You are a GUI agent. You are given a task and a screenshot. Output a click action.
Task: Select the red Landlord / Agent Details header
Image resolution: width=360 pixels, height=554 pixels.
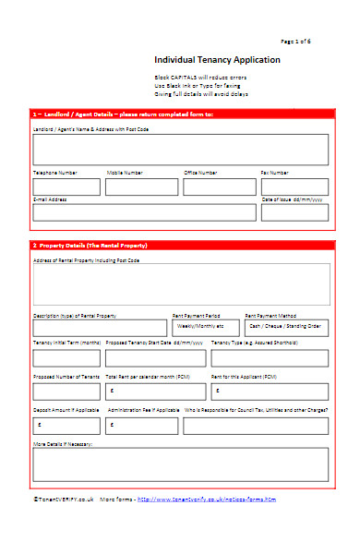coord(180,114)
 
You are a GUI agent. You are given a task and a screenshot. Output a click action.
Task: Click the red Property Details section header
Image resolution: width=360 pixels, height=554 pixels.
coord(180,245)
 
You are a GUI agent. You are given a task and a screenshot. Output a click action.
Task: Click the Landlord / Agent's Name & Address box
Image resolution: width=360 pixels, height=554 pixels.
coord(180,149)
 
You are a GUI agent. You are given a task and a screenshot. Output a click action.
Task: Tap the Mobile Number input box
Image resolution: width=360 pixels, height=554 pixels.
coord(141,187)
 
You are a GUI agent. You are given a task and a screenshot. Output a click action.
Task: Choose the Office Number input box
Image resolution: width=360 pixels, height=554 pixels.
coord(219,187)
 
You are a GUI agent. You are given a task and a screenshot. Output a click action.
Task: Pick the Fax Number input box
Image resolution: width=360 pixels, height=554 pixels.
coord(294,187)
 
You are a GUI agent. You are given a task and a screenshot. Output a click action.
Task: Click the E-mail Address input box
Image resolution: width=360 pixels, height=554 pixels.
coord(144,212)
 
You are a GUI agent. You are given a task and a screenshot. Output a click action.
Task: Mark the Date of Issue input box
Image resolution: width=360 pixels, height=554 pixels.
coord(294,212)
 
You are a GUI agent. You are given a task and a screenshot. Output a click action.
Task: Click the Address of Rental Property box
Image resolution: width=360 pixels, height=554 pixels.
coord(180,283)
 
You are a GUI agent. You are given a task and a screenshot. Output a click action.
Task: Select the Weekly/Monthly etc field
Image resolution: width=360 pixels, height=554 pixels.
coord(204,327)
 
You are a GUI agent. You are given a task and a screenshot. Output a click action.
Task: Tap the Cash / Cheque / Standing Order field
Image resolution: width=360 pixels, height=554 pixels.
coord(286,327)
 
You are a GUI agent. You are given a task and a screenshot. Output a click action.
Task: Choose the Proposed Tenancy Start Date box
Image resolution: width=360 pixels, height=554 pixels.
coord(153,358)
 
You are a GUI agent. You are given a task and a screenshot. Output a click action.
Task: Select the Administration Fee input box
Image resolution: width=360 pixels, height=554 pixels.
coord(141,425)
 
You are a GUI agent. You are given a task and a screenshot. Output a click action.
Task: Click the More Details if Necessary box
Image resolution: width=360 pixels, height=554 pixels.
coord(180,464)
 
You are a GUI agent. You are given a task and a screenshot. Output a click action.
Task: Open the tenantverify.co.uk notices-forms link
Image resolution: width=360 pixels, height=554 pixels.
coord(206,499)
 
